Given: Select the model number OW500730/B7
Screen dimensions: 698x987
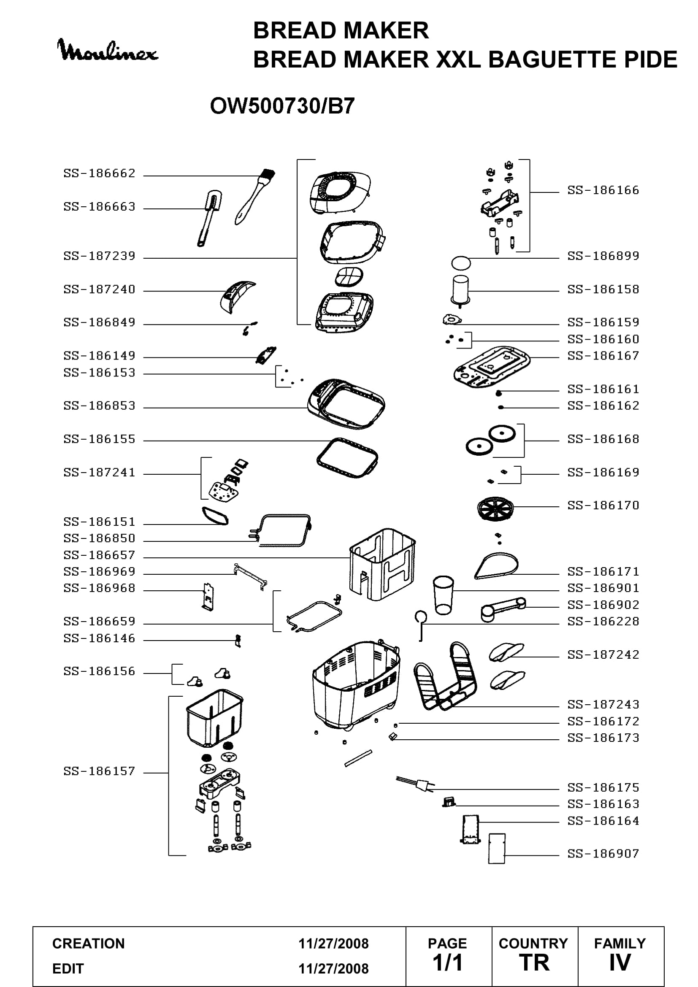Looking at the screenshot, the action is (282, 106).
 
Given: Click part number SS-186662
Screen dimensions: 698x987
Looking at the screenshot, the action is (99, 173).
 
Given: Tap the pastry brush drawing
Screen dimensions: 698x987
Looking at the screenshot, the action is (254, 197).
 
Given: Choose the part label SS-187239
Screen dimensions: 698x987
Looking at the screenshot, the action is (99, 256).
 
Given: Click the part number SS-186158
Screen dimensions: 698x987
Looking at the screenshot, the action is (603, 289).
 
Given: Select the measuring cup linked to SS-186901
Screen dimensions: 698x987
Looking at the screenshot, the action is (444, 595).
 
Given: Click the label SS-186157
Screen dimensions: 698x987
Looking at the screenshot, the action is (99, 771).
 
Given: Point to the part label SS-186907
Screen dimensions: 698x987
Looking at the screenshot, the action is (603, 853).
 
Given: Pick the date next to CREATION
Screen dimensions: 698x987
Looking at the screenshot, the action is (333, 944).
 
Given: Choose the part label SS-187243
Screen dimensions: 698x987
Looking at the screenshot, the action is (603, 705).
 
